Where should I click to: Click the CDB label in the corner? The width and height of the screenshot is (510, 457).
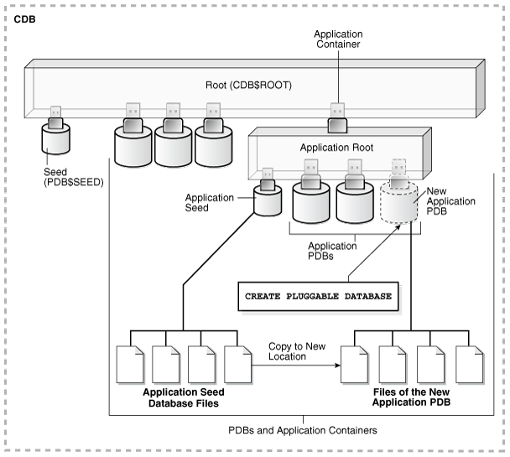(x=24, y=18)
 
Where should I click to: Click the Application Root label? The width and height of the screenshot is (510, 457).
(x=337, y=146)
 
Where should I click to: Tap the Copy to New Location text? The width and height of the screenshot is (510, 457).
(x=298, y=351)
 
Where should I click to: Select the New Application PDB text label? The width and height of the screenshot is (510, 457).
(x=452, y=201)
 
